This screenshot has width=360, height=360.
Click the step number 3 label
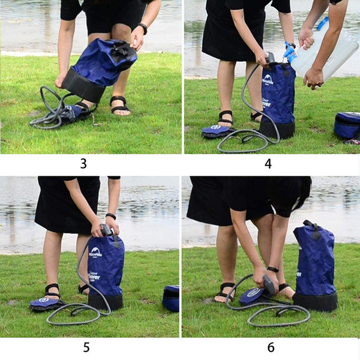pyautogui.click(x=83, y=163)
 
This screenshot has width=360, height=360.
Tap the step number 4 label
pyautogui.click(x=268, y=163)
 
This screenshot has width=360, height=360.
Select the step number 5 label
pyautogui.click(x=86, y=347)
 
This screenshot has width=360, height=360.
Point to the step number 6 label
pyautogui.click(x=271, y=347)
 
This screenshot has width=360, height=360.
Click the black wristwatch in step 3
pyautogui.click(x=143, y=28)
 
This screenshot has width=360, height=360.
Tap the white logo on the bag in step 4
pyautogui.click(x=268, y=79)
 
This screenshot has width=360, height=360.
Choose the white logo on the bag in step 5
pyautogui.click(x=95, y=252)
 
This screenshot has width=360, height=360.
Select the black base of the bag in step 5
pyautogui.click(x=105, y=301)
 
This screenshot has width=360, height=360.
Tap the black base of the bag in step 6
pyautogui.click(x=315, y=302)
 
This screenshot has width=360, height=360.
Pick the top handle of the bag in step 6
pyautogui.click(x=311, y=227)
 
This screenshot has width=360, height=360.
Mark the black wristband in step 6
pyautogui.click(x=273, y=269)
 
